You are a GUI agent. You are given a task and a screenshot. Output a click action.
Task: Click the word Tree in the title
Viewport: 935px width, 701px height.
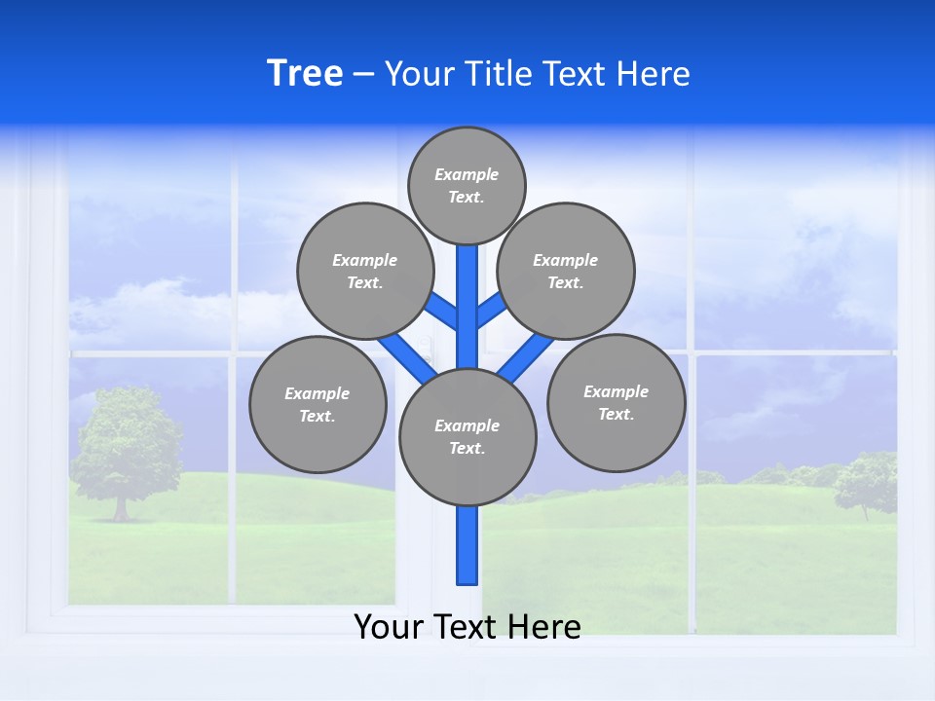[305, 74]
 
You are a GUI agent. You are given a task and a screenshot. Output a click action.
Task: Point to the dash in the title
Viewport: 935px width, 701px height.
[363, 75]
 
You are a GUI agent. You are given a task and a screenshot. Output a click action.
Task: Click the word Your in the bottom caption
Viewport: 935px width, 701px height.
[390, 626]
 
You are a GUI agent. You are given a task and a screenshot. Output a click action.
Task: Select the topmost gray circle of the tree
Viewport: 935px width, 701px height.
[467, 185]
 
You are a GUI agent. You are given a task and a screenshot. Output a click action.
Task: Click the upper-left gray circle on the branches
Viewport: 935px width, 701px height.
[364, 271]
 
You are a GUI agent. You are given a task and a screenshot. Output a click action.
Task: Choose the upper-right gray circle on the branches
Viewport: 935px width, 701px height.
[565, 271]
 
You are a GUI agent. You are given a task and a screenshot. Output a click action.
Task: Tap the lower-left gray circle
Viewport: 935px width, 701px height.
[318, 404]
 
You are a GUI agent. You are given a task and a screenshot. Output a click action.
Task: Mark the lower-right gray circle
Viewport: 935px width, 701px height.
[616, 402]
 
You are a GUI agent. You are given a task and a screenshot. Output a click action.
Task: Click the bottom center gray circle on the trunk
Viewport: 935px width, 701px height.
[467, 436]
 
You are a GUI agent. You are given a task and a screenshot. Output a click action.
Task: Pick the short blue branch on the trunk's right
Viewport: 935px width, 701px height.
[490, 310]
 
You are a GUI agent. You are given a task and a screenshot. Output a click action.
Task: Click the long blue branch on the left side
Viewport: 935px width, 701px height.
[405, 354]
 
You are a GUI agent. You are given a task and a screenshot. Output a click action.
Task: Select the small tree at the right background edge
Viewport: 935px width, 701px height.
[865, 482]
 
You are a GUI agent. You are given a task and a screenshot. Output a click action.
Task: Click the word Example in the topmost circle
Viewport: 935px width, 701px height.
[467, 174]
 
